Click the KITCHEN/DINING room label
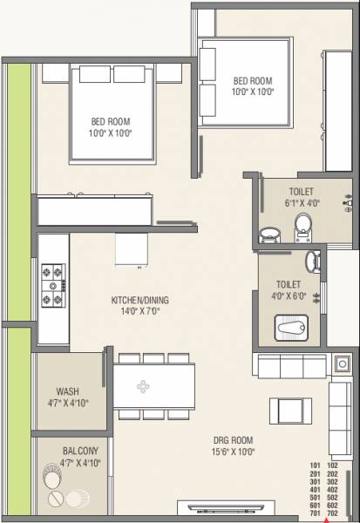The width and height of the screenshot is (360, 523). point(139,301)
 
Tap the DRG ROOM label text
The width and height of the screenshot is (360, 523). point(232,441)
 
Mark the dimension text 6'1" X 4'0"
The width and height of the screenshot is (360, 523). point(302,203)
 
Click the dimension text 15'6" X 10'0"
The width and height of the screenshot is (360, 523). point(232,453)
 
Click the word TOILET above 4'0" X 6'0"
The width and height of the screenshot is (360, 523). point(288,283)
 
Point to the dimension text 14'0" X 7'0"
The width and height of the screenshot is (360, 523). point(139,312)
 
